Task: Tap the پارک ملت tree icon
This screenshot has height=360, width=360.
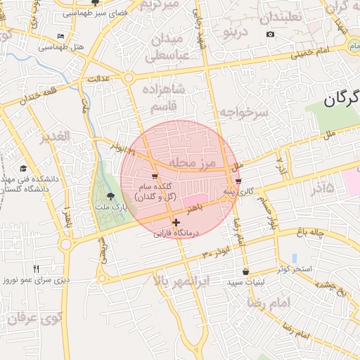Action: [x=109, y=197]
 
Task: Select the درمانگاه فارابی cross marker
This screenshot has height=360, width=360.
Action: [x=176, y=222]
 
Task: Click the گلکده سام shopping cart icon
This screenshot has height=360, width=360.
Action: [x=155, y=176]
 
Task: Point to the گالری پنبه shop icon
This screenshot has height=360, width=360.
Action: [x=238, y=181]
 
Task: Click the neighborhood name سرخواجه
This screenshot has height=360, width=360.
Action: [x=243, y=112]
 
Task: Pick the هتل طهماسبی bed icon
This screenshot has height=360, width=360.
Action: [x=61, y=36]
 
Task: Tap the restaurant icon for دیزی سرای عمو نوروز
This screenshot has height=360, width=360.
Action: [x=36, y=268]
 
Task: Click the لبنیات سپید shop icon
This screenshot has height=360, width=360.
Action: [x=245, y=271]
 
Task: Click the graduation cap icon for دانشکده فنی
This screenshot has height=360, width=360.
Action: [x=23, y=168]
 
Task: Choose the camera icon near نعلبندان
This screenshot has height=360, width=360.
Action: [x=271, y=34]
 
